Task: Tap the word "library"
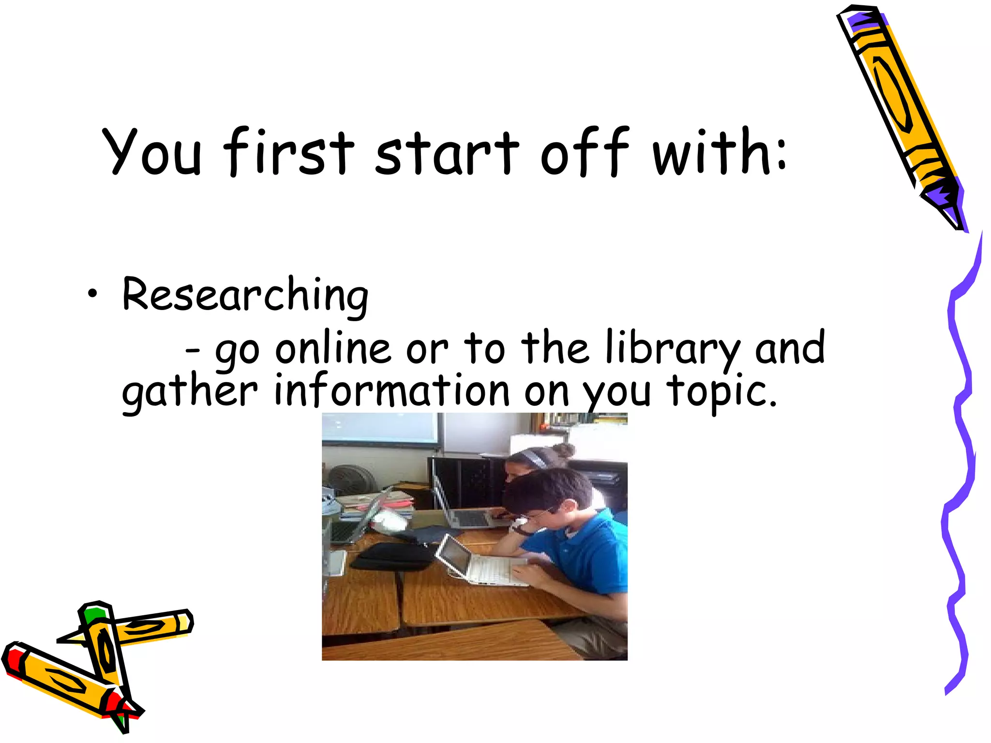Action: (x=672, y=349)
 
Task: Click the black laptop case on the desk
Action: (x=392, y=556)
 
